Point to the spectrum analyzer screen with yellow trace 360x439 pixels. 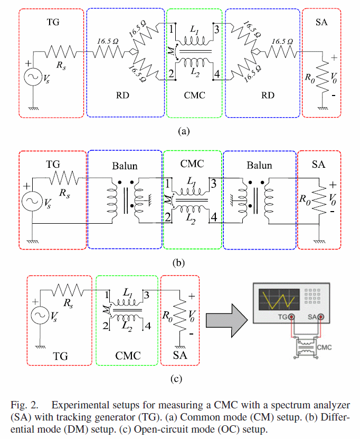click(278, 301)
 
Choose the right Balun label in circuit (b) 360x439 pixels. click(259, 165)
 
